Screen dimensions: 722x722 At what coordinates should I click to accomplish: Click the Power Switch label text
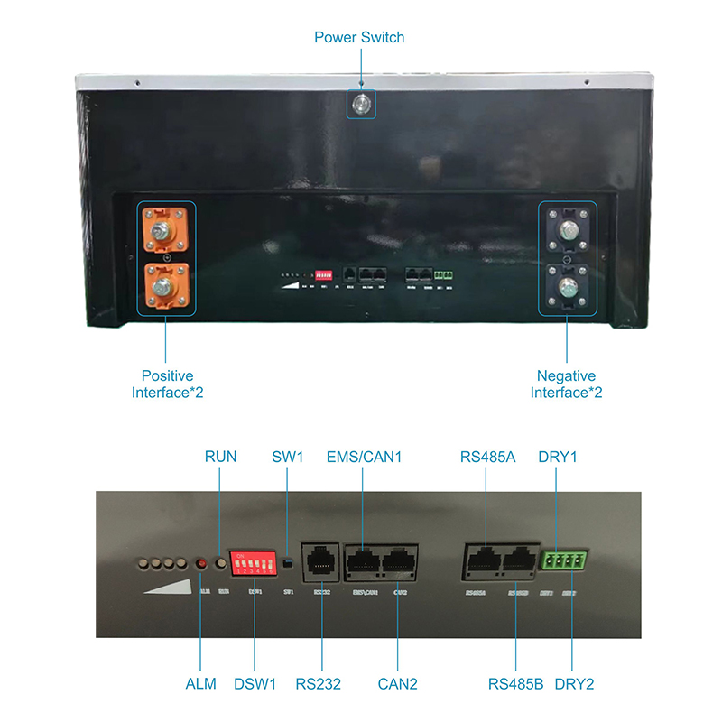359,38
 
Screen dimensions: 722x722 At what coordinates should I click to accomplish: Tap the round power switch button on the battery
361,104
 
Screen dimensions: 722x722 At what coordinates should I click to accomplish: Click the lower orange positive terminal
166,285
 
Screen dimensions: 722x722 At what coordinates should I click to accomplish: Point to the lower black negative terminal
567,286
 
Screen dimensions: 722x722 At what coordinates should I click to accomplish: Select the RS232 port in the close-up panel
319,562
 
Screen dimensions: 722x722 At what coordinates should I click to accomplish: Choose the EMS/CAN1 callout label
363,458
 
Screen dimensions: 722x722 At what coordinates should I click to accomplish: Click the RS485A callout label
486,458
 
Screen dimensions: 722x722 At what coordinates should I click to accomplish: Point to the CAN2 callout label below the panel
397,683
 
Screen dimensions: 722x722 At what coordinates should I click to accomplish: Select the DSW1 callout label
255,683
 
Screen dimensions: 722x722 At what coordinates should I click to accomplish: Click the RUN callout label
220,458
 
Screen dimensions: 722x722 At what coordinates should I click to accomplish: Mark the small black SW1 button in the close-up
286,565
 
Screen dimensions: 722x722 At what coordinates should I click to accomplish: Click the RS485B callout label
514,683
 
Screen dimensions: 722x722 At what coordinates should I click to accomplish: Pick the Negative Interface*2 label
567,384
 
